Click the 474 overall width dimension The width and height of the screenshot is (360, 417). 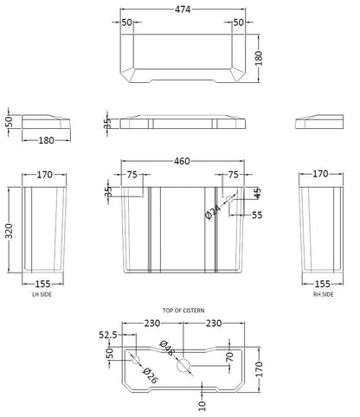click(179, 7)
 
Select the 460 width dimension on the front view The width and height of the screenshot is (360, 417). click(179, 161)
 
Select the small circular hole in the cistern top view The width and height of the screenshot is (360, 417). click(134, 360)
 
